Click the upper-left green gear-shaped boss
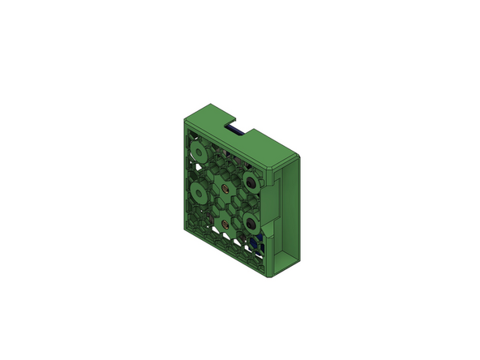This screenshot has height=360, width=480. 197,152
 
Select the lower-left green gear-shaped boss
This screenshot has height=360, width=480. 197,192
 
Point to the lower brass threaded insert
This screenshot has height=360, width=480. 225,221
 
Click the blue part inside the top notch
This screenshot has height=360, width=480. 237,129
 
